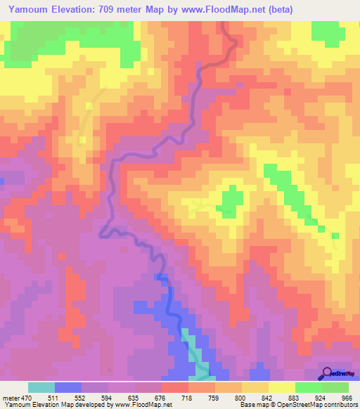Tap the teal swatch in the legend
[41, 388]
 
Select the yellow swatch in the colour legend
[281, 388]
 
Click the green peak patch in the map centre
[227, 200]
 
